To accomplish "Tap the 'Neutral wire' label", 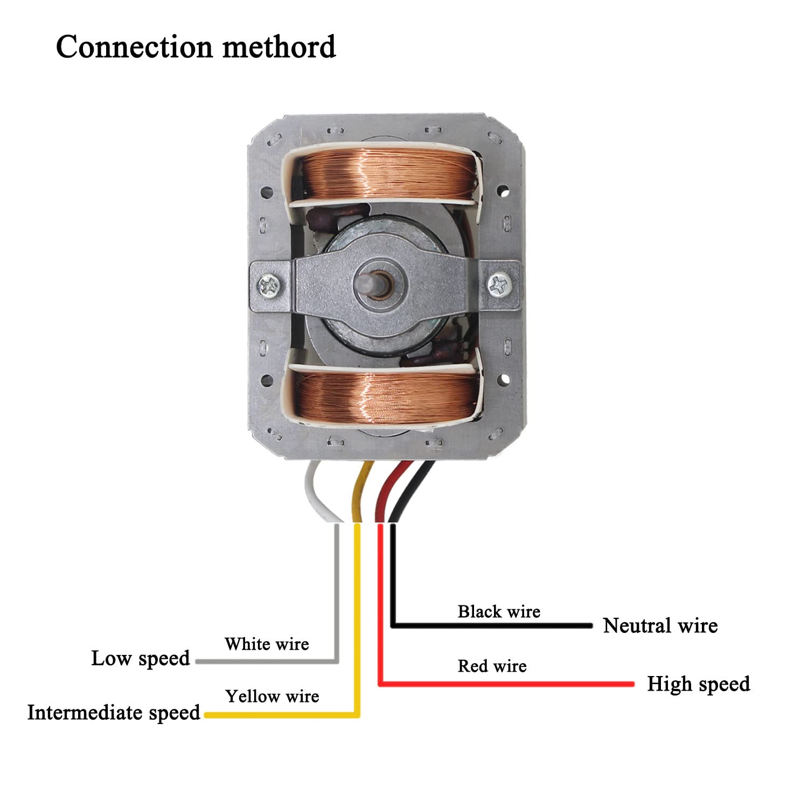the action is (x=660, y=625).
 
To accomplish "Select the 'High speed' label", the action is (x=699, y=684).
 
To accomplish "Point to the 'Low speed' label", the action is (x=141, y=658).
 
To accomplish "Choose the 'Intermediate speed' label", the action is (x=114, y=713).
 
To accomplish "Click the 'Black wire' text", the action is (x=499, y=611).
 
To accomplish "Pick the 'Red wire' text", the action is (x=492, y=666).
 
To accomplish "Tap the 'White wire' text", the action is (x=267, y=644).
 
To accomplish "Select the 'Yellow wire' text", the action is (x=272, y=696).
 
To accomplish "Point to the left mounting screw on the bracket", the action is (x=269, y=284).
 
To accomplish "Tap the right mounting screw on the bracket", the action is (x=500, y=284).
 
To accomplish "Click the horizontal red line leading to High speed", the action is (x=507, y=684).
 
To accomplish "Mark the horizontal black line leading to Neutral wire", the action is (x=492, y=625).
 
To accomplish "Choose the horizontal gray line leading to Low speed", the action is (x=267, y=661).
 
